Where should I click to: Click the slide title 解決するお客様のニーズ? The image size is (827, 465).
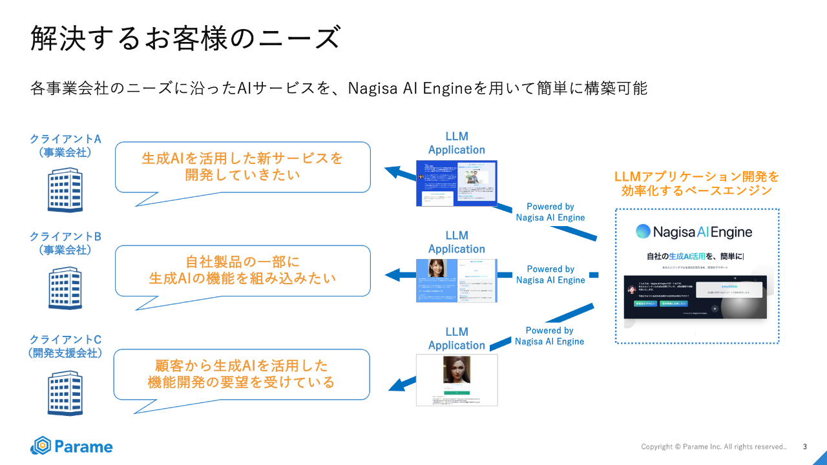[x=185, y=39]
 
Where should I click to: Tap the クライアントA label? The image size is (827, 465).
[x=65, y=139]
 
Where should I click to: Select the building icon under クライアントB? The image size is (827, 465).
[x=65, y=288]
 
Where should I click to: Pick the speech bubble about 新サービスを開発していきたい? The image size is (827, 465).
[x=242, y=167]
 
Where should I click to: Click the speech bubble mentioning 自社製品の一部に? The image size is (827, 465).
[x=242, y=270]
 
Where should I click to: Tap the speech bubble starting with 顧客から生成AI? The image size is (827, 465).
[x=242, y=374]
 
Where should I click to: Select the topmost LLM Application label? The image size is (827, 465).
[x=456, y=143]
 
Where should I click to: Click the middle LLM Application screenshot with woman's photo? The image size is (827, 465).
[x=456, y=280]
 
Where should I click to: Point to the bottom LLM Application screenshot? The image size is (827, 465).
[x=456, y=380]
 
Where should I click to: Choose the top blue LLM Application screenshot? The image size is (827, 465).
[x=456, y=183]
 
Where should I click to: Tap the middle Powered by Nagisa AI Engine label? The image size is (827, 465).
[x=550, y=274]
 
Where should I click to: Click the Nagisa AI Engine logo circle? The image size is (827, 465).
[x=643, y=232]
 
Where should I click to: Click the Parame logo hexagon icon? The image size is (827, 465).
[x=41, y=446]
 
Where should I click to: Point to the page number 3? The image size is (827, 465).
[x=804, y=446]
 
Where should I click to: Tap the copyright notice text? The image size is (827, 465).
[x=713, y=447]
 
